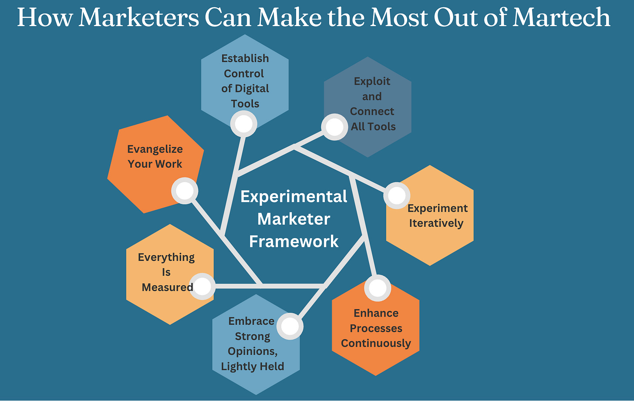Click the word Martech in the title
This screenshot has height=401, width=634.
[561, 17]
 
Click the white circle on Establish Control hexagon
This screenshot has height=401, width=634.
[244, 124]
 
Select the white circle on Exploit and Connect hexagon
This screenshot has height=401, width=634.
[334, 127]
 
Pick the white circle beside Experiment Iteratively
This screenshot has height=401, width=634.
[397, 195]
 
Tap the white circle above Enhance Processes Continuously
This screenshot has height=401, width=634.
[378, 288]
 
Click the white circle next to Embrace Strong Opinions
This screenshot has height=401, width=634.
[290, 326]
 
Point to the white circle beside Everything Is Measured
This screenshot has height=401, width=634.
[202, 286]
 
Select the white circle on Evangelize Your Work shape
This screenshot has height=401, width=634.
[185, 191]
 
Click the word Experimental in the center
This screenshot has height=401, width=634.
[294, 196]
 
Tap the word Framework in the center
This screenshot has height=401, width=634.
[294, 241]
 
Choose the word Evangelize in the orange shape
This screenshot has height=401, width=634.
[155, 149]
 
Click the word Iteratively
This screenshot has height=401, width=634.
[436, 223]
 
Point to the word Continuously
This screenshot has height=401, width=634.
[376, 343]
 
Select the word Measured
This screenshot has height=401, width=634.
[167, 287]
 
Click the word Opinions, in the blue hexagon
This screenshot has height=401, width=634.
[253, 351]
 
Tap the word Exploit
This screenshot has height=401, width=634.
[372, 81]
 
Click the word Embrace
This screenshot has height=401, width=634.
[251, 321]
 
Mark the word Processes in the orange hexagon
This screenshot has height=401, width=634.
[376, 328]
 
